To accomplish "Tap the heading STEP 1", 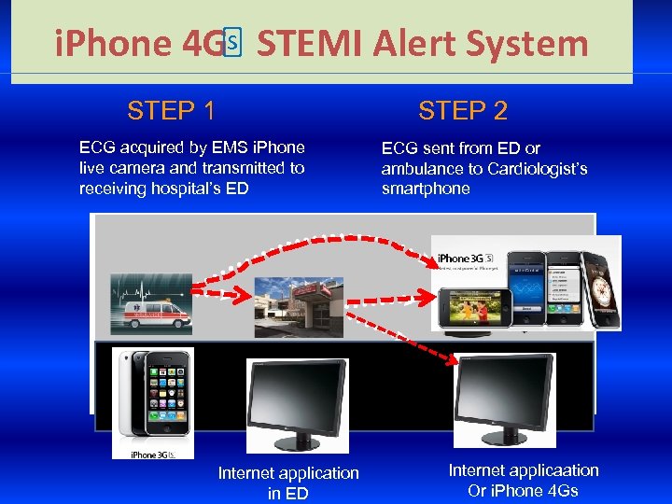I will click(172, 111).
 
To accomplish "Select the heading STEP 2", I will click(463, 111).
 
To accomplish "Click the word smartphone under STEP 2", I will click(426, 189).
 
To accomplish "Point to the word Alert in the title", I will click(410, 44).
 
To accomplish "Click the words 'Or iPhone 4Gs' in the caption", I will click(524, 491).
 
